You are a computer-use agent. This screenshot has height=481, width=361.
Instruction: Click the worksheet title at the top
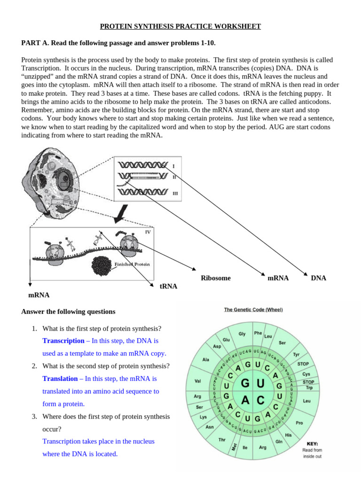coord(180,26)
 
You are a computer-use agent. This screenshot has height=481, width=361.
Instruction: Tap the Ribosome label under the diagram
coord(216,278)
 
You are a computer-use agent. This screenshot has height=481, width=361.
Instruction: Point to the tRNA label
coord(168,286)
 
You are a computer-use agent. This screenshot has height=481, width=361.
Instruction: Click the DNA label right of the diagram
coord(318,278)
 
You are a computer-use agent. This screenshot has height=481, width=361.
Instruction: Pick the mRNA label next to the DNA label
coord(278,278)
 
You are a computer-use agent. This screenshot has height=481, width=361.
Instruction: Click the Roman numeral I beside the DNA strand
coord(173,166)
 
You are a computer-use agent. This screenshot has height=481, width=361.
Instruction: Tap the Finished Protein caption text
coord(132,264)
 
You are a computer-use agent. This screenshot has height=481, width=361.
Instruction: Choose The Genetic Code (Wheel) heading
coord(253,310)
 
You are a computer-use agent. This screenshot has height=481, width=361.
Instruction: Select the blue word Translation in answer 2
coord(60,379)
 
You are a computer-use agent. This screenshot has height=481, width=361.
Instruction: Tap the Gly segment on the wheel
coord(242,334)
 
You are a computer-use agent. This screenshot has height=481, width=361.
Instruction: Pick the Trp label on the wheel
coord(309,388)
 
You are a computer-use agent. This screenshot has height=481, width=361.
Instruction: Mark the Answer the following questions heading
coord(68,311)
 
